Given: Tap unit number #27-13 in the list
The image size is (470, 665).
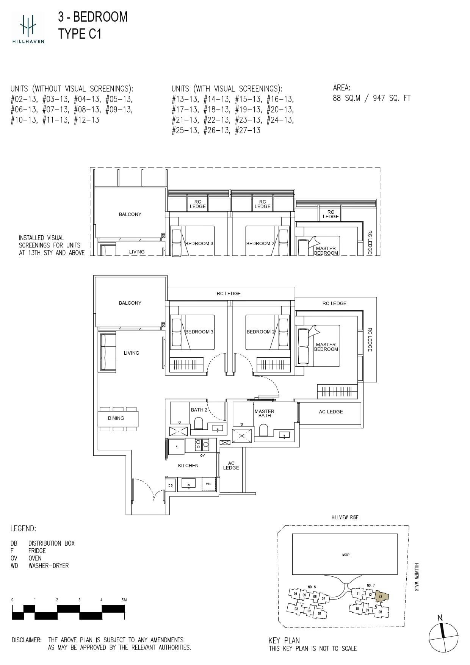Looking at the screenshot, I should [248, 130].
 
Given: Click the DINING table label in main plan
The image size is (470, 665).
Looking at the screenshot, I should [116, 418].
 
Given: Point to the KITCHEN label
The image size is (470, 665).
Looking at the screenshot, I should [188, 466].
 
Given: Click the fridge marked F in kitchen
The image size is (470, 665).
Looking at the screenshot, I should [176, 447].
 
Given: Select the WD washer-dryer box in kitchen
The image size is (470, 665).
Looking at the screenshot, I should [208, 484].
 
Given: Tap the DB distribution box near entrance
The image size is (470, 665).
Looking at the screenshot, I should [170, 485].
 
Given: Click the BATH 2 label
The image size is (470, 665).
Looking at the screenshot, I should [199, 410].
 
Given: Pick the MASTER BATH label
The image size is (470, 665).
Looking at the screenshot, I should [265, 413].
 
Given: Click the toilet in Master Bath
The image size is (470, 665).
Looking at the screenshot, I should [263, 430].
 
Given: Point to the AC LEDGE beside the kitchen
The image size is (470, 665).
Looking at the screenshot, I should [231, 466].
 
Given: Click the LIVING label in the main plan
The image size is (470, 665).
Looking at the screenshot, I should [132, 353].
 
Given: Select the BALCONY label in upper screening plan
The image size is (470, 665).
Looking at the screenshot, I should [130, 214].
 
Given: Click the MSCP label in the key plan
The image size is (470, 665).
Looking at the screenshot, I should [346, 555].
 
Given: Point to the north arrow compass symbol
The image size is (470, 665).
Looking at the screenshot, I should [443, 638].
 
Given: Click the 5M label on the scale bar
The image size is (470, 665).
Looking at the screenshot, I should [124, 600].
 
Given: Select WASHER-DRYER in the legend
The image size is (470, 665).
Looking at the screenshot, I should [49, 566].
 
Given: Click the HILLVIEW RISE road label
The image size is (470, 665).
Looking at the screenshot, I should [345, 518].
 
